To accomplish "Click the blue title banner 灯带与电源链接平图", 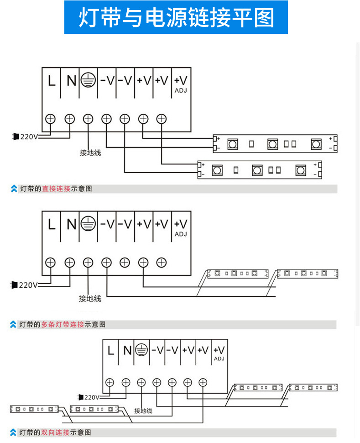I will click(x=176, y=17).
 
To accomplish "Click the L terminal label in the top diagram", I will click(x=52, y=81).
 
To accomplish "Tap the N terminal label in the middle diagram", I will click(x=71, y=224).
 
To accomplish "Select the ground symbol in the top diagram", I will click(x=88, y=80).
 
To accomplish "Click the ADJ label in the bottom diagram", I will click(x=219, y=359).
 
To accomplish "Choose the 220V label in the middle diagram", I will click(x=28, y=285).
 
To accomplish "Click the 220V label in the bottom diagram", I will click(x=92, y=397).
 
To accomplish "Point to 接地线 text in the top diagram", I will click(x=90, y=153).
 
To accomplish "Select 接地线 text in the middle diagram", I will click(x=89, y=299).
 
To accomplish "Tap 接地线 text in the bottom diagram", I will click(x=143, y=411).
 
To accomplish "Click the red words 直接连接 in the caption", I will click(x=56, y=189).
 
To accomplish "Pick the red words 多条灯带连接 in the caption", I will click(x=63, y=325).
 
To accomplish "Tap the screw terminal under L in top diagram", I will click(x=51, y=119).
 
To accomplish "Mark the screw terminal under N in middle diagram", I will click(x=69, y=263).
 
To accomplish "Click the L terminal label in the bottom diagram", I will click(x=110, y=351).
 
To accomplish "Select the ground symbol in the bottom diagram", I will click(x=141, y=350).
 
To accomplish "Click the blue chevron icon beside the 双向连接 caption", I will click(x=13, y=432).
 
